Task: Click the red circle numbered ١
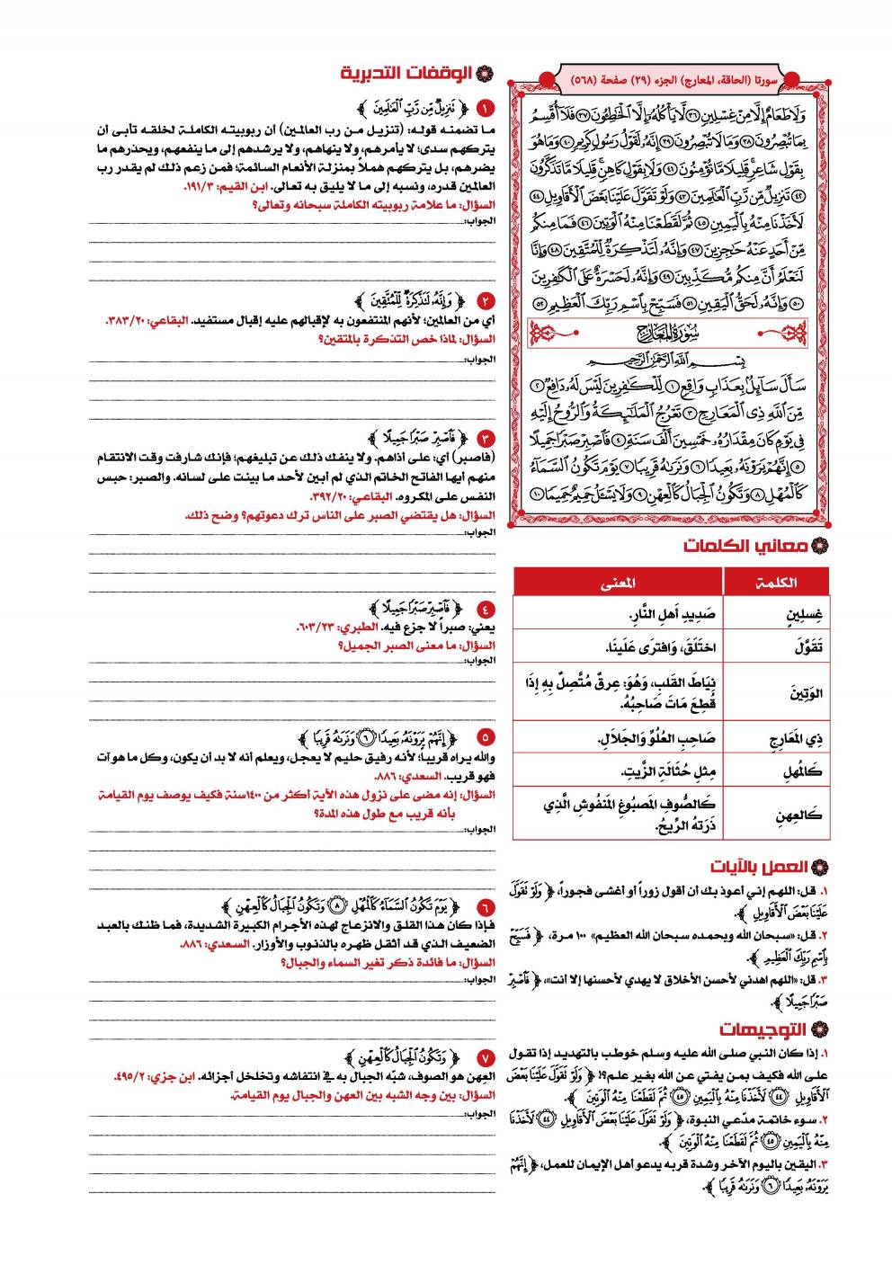point(485,110)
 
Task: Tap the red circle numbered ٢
point(485,301)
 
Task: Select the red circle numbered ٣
point(485,439)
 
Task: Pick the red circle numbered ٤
point(485,609)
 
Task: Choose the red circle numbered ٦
point(485,906)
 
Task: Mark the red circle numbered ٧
point(485,1056)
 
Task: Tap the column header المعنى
point(618,582)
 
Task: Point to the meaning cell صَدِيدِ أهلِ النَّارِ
point(618,615)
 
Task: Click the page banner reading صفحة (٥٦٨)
point(670,80)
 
